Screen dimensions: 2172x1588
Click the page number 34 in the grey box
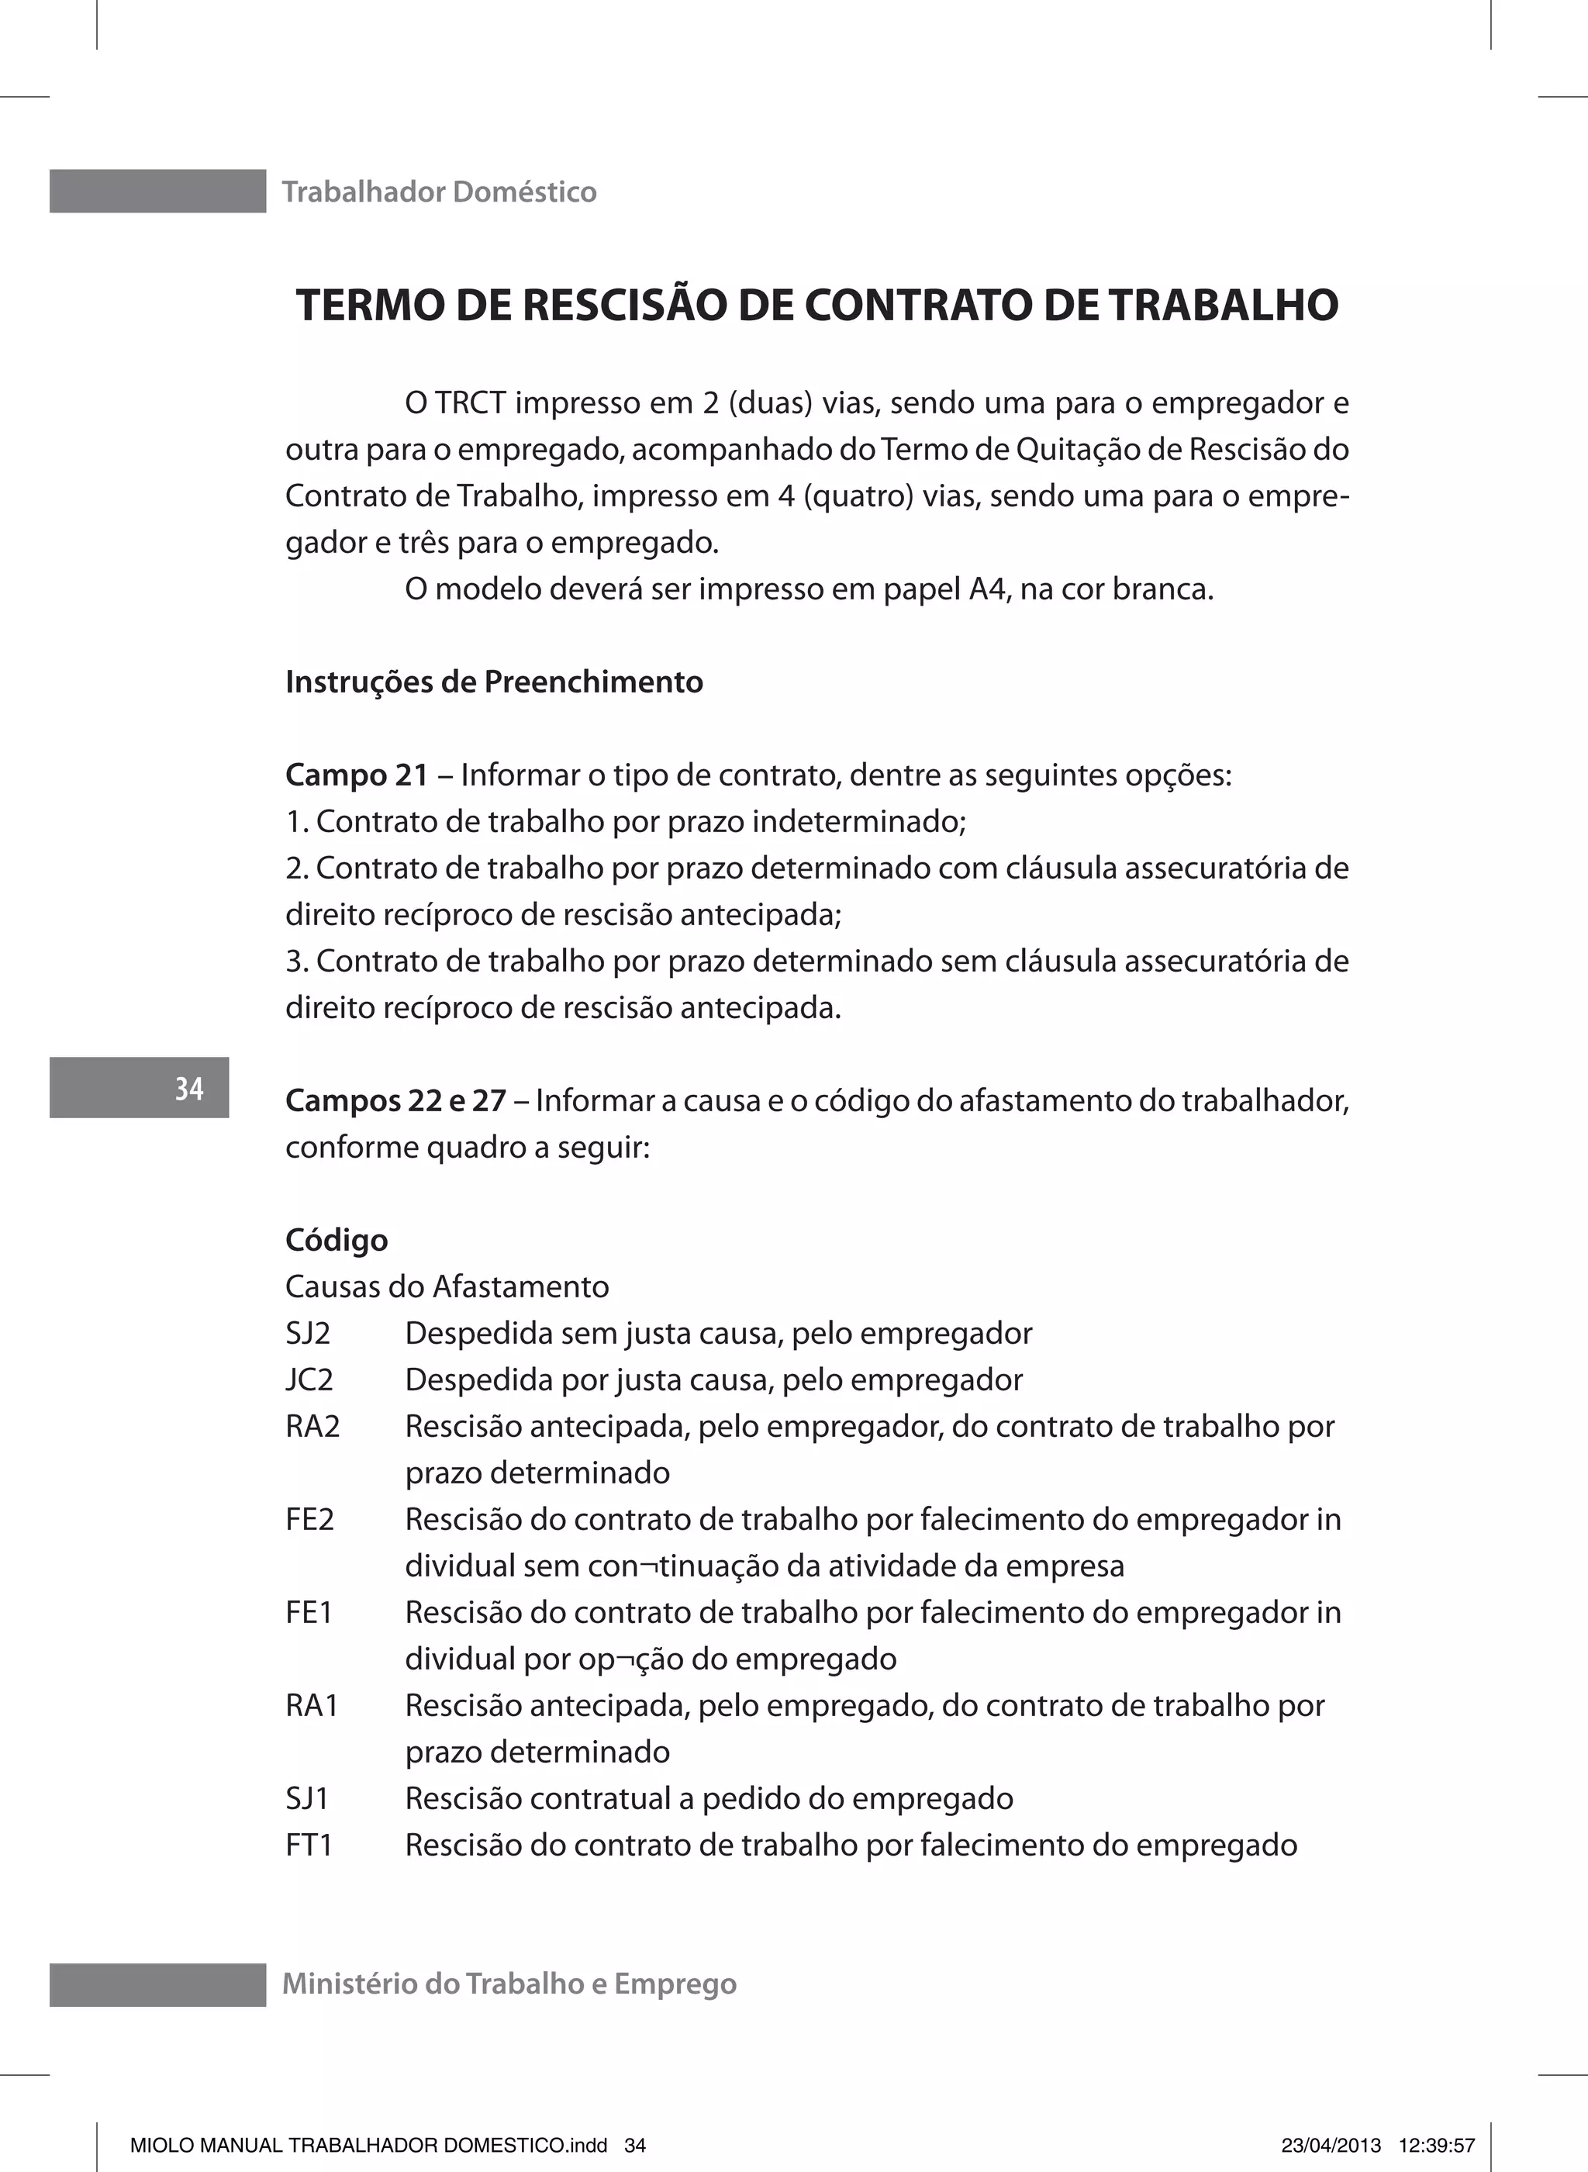188,1089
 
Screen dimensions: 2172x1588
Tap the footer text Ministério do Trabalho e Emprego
509,1984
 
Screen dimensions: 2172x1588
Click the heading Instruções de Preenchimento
494,682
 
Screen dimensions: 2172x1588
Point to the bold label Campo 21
357,775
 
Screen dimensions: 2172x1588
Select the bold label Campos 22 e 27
395,1100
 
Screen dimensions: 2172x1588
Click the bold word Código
337,1241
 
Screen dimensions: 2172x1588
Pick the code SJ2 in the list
308,1334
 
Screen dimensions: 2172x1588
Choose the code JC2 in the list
309,1380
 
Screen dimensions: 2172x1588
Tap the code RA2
312,1426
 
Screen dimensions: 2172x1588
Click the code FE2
309,1519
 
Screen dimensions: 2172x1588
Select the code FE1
309,1613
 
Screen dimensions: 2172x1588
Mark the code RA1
312,1706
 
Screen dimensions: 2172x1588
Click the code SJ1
306,1799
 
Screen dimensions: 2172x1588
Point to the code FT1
309,1846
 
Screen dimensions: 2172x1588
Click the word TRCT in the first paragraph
470,402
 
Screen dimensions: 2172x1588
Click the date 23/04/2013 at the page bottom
1331,2144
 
